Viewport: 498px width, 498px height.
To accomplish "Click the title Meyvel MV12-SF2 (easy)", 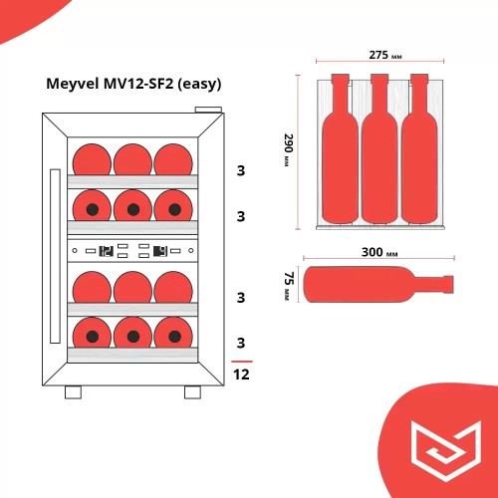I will [x=132, y=84].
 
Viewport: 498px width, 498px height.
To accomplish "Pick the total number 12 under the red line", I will [x=241, y=374].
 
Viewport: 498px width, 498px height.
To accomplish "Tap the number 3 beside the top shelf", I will [x=241, y=169].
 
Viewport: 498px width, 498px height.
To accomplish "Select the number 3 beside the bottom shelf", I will [x=241, y=344].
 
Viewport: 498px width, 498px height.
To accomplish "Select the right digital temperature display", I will [x=159, y=252].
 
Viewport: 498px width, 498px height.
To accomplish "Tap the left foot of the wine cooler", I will [x=72, y=391].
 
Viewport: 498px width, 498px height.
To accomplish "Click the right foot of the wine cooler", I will [x=192, y=391].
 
